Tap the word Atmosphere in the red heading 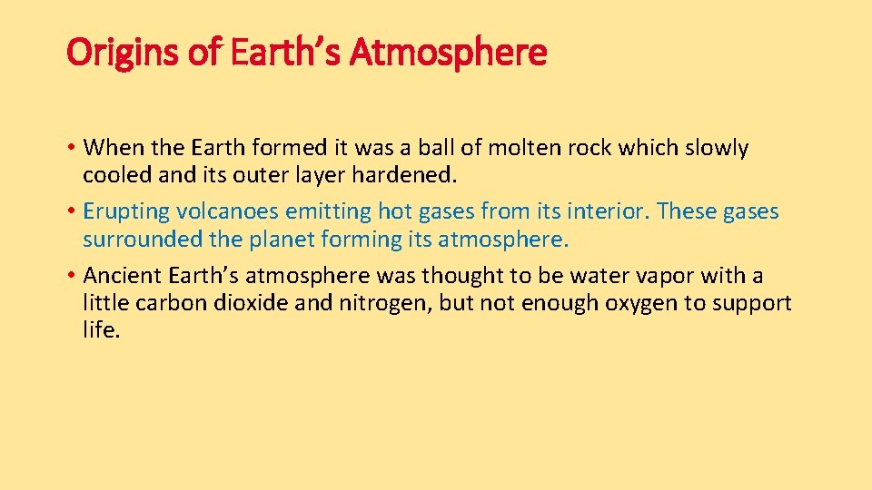click(x=449, y=53)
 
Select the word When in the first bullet click(x=108, y=148)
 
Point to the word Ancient click(x=122, y=276)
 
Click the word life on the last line click(x=101, y=329)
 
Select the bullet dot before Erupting click(x=72, y=212)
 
